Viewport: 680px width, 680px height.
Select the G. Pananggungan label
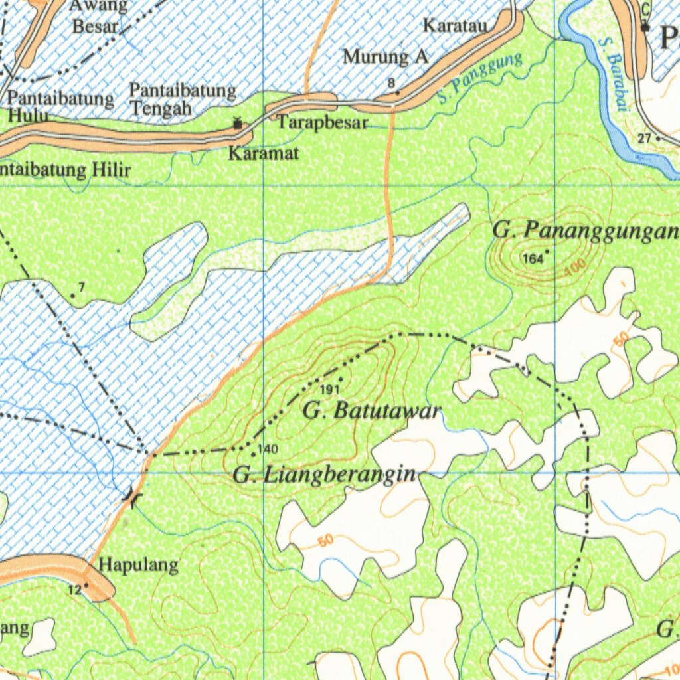(586, 230)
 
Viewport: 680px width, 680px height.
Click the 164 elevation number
(533, 258)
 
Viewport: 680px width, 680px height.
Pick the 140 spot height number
(268, 449)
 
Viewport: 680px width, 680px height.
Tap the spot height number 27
(644, 138)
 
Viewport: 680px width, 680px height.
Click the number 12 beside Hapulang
(74, 590)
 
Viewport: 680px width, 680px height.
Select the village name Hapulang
(139, 566)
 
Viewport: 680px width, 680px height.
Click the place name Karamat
(264, 154)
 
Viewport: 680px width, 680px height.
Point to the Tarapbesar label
(323, 122)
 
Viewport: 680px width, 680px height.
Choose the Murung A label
(385, 57)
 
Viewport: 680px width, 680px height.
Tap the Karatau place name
(456, 26)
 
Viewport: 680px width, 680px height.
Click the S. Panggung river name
(479, 78)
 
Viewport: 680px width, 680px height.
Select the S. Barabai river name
(612, 74)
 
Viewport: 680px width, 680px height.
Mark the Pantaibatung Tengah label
(182, 98)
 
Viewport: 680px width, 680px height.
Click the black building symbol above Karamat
(237, 123)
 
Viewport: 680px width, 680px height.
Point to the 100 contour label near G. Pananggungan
(576, 268)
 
